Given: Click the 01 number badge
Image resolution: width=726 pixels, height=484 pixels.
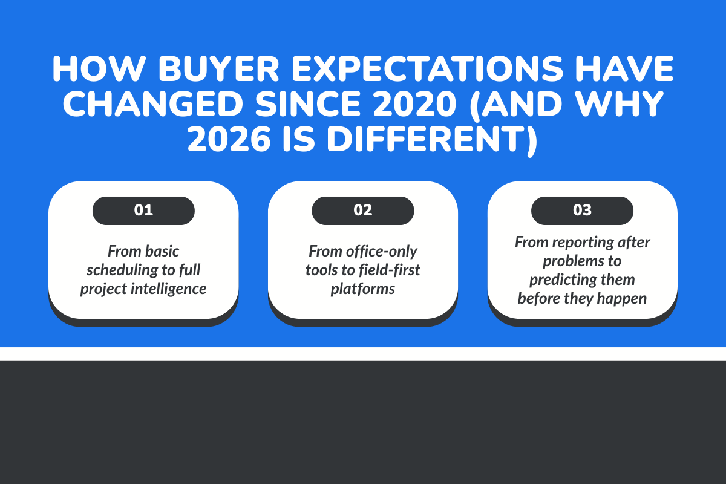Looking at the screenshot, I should pos(143,211).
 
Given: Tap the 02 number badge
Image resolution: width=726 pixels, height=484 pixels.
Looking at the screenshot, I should pos(363,211).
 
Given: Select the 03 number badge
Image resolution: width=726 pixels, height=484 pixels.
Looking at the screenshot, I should pos(582,211).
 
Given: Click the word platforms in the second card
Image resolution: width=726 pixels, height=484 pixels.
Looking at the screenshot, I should pos(363,289).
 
